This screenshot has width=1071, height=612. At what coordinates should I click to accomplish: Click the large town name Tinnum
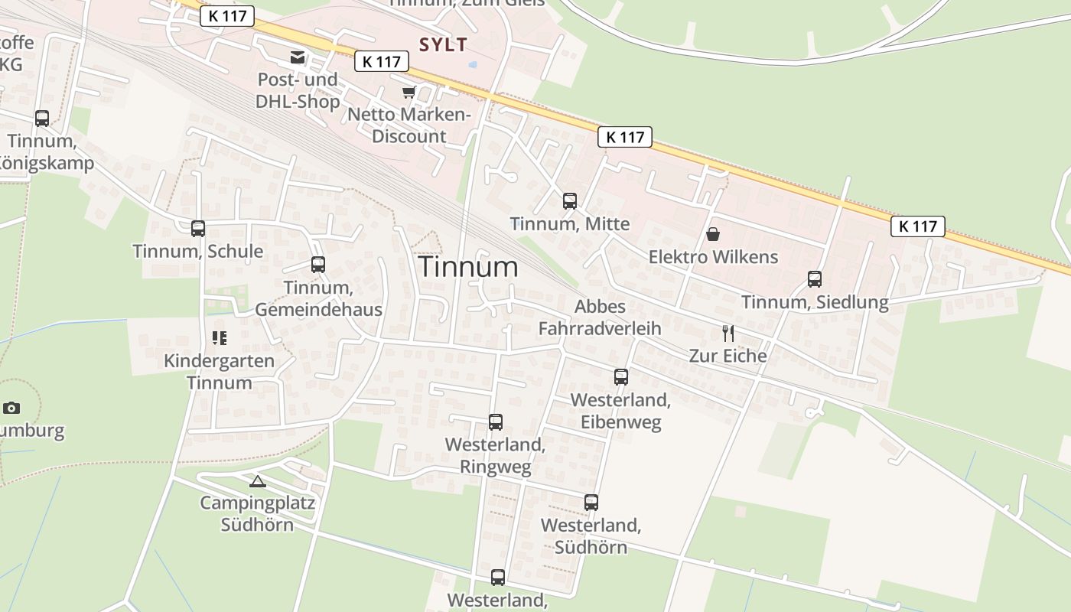pyautogui.click(x=468, y=266)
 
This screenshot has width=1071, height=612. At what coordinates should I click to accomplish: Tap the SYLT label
pyautogui.click(x=443, y=44)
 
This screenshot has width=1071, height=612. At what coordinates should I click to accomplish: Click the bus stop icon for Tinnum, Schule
pyautogui.click(x=198, y=228)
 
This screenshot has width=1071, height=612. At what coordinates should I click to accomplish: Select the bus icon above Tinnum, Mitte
pyautogui.click(x=570, y=201)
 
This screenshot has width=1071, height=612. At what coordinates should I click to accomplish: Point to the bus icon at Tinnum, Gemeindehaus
pyautogui.click(x=318, y=265)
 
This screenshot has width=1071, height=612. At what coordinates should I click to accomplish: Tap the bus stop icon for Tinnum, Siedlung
pyautogui.click(x=815, y=279)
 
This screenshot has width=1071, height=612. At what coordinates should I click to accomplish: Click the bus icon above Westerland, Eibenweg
pyautogui.click(x=621, y=377)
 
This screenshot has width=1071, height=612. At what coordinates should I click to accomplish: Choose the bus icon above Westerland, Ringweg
pyautogui.click(x=496, y=422)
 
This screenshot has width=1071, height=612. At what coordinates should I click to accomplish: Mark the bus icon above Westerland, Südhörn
pyautogui.click(x=591, y=503)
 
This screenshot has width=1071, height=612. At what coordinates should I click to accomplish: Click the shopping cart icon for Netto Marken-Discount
pyautogui.click(x=409, y=93)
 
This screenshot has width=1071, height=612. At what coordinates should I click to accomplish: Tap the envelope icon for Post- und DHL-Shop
pyautogui.click(x=297, y=57)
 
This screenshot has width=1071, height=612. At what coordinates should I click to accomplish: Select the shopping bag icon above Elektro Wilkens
pyautogui.click(x=713, y=234)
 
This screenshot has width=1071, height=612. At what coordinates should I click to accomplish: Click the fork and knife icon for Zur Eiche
pyautogui.click(x=728, y=334)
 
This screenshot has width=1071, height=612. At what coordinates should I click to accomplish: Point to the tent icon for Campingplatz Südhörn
pyautogui.click(x=257, y=481)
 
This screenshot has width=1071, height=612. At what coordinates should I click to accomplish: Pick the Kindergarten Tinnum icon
pyautogui.click(x=220, y=338)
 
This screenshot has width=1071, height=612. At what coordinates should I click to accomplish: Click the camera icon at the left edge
pyautogui.click(x=11, y=408)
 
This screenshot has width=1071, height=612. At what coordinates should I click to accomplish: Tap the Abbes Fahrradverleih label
pyautogui.click(x=600, y=317)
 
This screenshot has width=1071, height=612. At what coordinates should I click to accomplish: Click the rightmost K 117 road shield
pyautogui.click(x=917, y=226)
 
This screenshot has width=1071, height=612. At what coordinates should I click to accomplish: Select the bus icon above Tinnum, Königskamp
pyautogui.click(x=42, y=119)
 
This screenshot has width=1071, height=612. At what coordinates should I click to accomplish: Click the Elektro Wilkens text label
pyautogui.click(x=713, y=257)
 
